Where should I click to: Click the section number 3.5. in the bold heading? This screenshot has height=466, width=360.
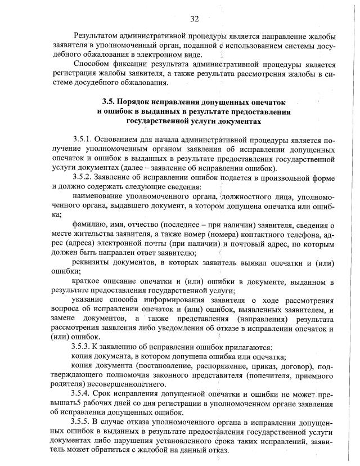pos(110,102)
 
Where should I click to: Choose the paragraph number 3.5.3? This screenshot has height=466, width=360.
pos(82,347)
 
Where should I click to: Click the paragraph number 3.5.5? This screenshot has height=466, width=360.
pos(82,422)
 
